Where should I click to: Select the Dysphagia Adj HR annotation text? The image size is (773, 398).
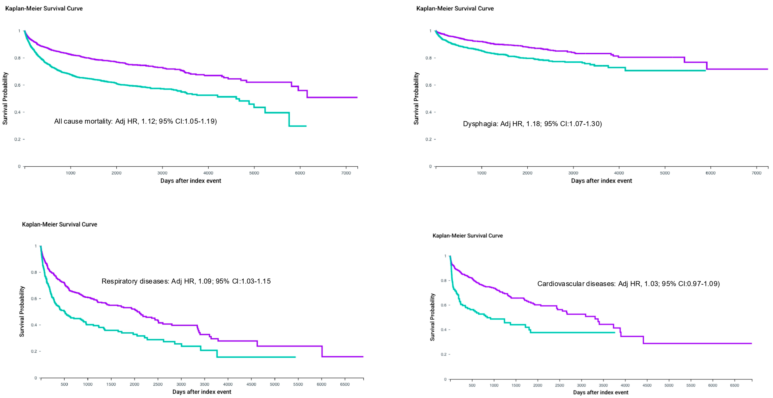532,124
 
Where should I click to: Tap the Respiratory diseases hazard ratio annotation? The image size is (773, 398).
186,281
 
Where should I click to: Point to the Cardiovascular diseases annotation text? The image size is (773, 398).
628,284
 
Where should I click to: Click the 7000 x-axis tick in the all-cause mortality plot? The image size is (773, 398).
346,173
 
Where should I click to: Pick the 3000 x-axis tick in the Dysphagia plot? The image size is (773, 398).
573,173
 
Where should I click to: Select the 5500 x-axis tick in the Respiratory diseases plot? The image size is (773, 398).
298,384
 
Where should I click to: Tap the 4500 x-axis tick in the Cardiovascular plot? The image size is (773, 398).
647,385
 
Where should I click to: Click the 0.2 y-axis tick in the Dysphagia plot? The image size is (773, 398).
429,139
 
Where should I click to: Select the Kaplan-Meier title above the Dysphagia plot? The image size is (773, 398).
455,8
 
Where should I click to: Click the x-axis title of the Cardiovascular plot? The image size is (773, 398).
600,392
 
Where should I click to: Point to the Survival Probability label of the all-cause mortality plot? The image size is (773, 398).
5,98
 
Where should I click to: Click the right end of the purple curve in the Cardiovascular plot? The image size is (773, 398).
751,343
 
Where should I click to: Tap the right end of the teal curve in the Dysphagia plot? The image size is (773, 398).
705,70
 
